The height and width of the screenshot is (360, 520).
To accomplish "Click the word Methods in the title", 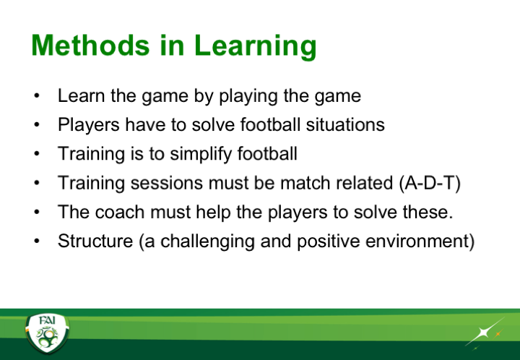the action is coord(90,46).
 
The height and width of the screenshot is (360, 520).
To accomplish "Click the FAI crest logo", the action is coord(47,333).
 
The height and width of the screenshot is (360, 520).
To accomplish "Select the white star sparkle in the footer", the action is coord(485,332).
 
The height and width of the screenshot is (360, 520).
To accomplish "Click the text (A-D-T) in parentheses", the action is coord(430,183).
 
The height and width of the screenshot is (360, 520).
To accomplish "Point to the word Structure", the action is coord(95,241).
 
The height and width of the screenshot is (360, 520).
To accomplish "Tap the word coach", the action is coord(119,212).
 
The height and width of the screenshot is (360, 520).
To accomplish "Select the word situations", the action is coord(345,125).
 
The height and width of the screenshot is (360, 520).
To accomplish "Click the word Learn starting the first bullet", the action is coord(82,96).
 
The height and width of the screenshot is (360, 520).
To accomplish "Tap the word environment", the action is coord(420,241).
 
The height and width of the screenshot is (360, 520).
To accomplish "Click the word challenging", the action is coord(207,242).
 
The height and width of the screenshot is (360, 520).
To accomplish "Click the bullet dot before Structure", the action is coord(37,241).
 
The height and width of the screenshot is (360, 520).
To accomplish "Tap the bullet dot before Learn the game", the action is coord(37,96).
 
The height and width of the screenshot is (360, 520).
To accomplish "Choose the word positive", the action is coord(329,242).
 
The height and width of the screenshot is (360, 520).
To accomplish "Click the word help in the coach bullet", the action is coord(213,213).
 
